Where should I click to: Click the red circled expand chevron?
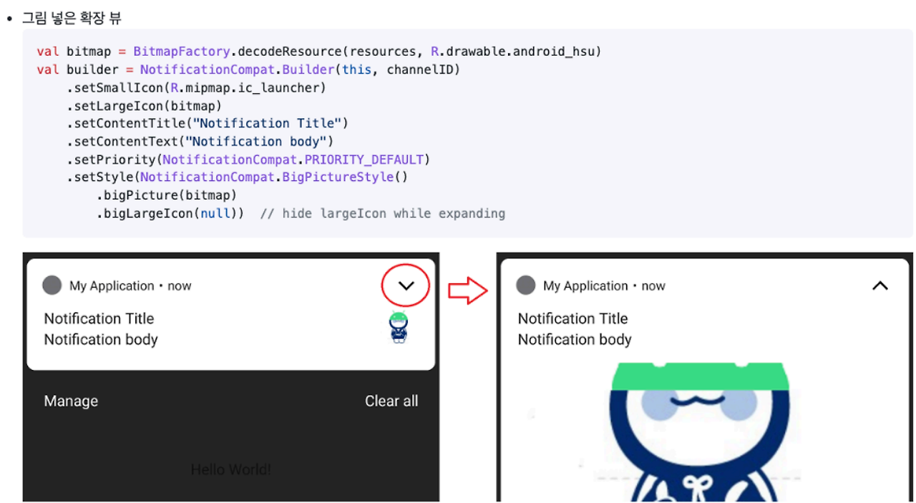406,286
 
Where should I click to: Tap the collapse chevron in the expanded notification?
880,286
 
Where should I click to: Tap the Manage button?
71,401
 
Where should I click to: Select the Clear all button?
391,401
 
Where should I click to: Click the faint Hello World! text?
230,470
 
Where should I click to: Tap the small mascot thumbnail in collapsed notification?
399,328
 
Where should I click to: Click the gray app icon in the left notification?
52,285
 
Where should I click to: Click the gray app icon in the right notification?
525,285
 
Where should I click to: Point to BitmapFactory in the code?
181,52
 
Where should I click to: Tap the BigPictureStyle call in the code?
338,177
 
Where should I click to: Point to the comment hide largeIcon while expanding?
383,213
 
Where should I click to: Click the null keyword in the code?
215,213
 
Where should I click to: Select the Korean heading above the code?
72,18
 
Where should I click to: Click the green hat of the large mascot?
700,376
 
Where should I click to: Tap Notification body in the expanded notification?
575,340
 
